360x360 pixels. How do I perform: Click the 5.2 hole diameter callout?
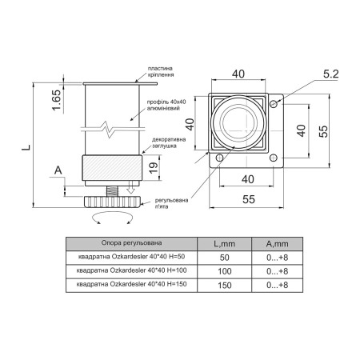pyautogui.click(x=330, y=74)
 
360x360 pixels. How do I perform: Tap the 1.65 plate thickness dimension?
pyautogui.click(x=57, y=100)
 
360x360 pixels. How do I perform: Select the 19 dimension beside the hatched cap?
pyautogui.click(x=154, y=168)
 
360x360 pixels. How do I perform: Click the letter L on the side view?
pyautogui.click(x=26, y=147)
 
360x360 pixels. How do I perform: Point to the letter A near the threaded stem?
pyautogui.click(x=58, y=170)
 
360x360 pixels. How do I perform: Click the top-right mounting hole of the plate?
pyautogui.click(x=274, y=103)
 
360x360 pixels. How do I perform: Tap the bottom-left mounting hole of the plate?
pyautogui.click(x=219, y=158)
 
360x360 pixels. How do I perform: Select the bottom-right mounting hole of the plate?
pyautogui.click(x=274, y=158)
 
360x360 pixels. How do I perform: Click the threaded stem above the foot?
pyautogui.click(x=112, y=191)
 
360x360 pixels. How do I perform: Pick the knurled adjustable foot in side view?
pyautogui.click(x=112, y=202)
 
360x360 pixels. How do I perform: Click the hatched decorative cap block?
pyautogui.click(x=112, y=167)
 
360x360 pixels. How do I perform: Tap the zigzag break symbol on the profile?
pyautogui.click(x=109, y=130)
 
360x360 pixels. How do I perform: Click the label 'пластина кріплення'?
pyautogui.click(x=161, y=72)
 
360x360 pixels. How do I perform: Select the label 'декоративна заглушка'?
pyautogui.click(x=169, y=142)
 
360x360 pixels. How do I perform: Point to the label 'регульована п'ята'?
pyautogui.click(x=171, y=203)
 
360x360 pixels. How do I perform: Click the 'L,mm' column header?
pyautogui.click(x=225, y=244)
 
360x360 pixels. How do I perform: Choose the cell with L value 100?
pyautogui.click(x=225, y=271)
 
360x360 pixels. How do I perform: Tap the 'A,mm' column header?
pyautogui.click(x=277, y=244)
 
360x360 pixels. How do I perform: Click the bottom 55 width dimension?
pyautogui.click(x=249, y=199)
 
